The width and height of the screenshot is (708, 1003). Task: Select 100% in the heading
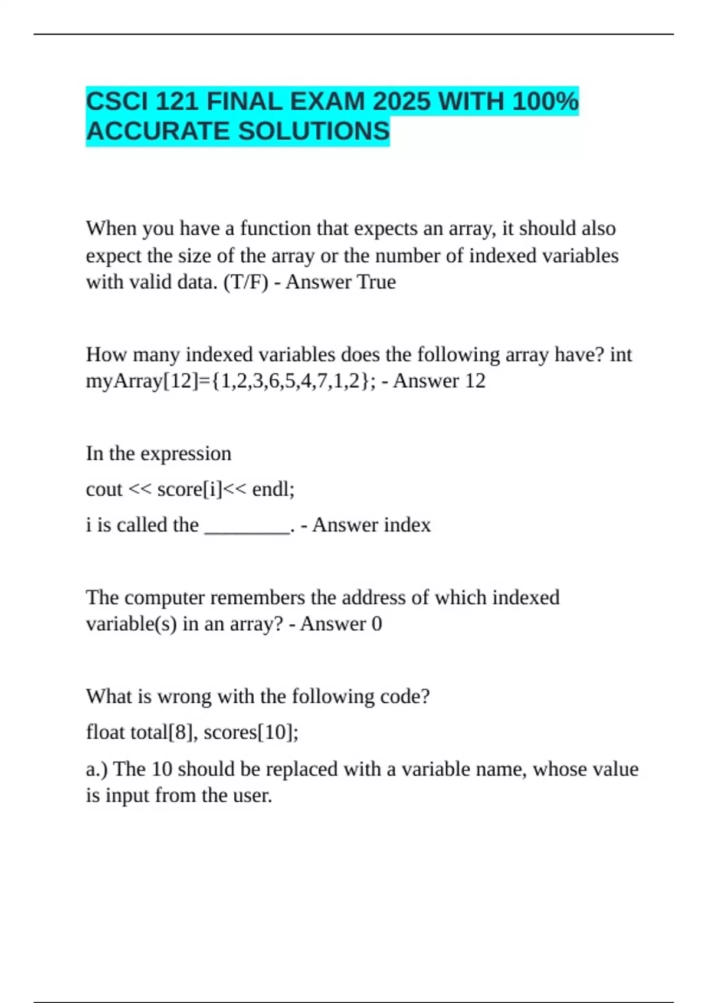click(545, 102)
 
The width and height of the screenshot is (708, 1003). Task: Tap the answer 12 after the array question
click(474, 381)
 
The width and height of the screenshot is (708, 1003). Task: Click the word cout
click(104, 489)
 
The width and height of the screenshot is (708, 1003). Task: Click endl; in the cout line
click(273, 489)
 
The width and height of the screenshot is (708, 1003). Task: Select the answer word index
click(404, 525)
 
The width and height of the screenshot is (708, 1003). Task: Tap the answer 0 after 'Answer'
click(376, 624)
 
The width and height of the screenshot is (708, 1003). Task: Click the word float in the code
click(105, 732)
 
